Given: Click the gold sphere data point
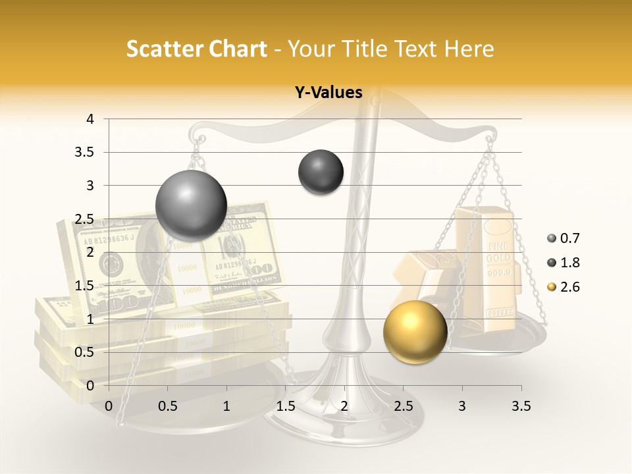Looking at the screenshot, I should click(x=415, y=332).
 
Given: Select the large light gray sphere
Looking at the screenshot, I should click(x=192, y=205).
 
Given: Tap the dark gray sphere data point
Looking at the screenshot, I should click(x=321, y=172).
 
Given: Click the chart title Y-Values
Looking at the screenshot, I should click(x=329, y=93).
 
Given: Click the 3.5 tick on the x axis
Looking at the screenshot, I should click(x=521, y=406).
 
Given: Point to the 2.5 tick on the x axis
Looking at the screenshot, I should click(x=403, y=406).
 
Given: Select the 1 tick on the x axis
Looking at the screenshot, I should click(x=226, y=406).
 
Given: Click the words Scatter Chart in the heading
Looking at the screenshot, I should click(x=196, y=49).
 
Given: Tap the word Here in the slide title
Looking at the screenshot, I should click(x=468, y=49).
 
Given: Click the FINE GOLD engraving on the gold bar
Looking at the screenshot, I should click(x=498, y=253).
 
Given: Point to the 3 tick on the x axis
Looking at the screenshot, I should click(x=462, y=406).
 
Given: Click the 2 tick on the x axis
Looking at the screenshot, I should click(x=344, y=406).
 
